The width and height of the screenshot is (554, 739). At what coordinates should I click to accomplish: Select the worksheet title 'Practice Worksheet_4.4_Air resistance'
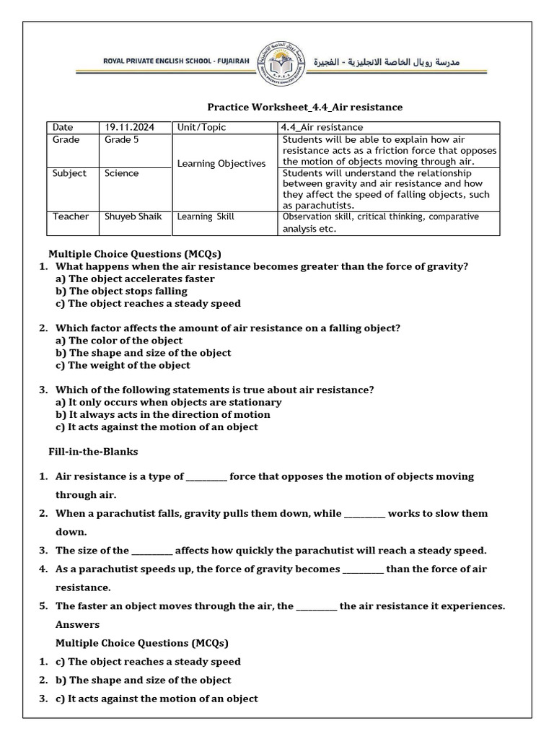point(305,107)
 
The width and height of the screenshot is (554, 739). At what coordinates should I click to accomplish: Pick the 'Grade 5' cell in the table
point(122,140)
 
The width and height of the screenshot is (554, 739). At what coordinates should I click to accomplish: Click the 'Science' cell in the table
point(122,173)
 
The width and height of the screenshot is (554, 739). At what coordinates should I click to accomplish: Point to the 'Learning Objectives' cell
point(221,164)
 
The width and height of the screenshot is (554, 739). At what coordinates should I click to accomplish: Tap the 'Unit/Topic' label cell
point(201,127)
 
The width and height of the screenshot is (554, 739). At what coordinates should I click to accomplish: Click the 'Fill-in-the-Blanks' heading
point(92,451)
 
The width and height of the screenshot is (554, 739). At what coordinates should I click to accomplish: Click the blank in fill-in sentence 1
point(206,477)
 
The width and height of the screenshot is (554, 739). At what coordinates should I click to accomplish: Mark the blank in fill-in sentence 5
point(316,606)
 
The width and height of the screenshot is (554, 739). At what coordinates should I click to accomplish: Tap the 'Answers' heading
point(78,624)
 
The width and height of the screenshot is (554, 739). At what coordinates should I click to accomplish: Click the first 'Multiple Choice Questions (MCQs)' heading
point(134,254)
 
